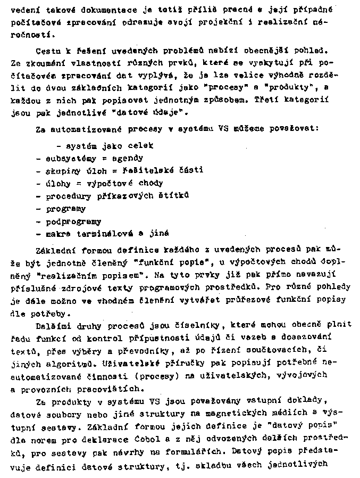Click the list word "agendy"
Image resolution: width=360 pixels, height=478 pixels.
coord(127,158)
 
